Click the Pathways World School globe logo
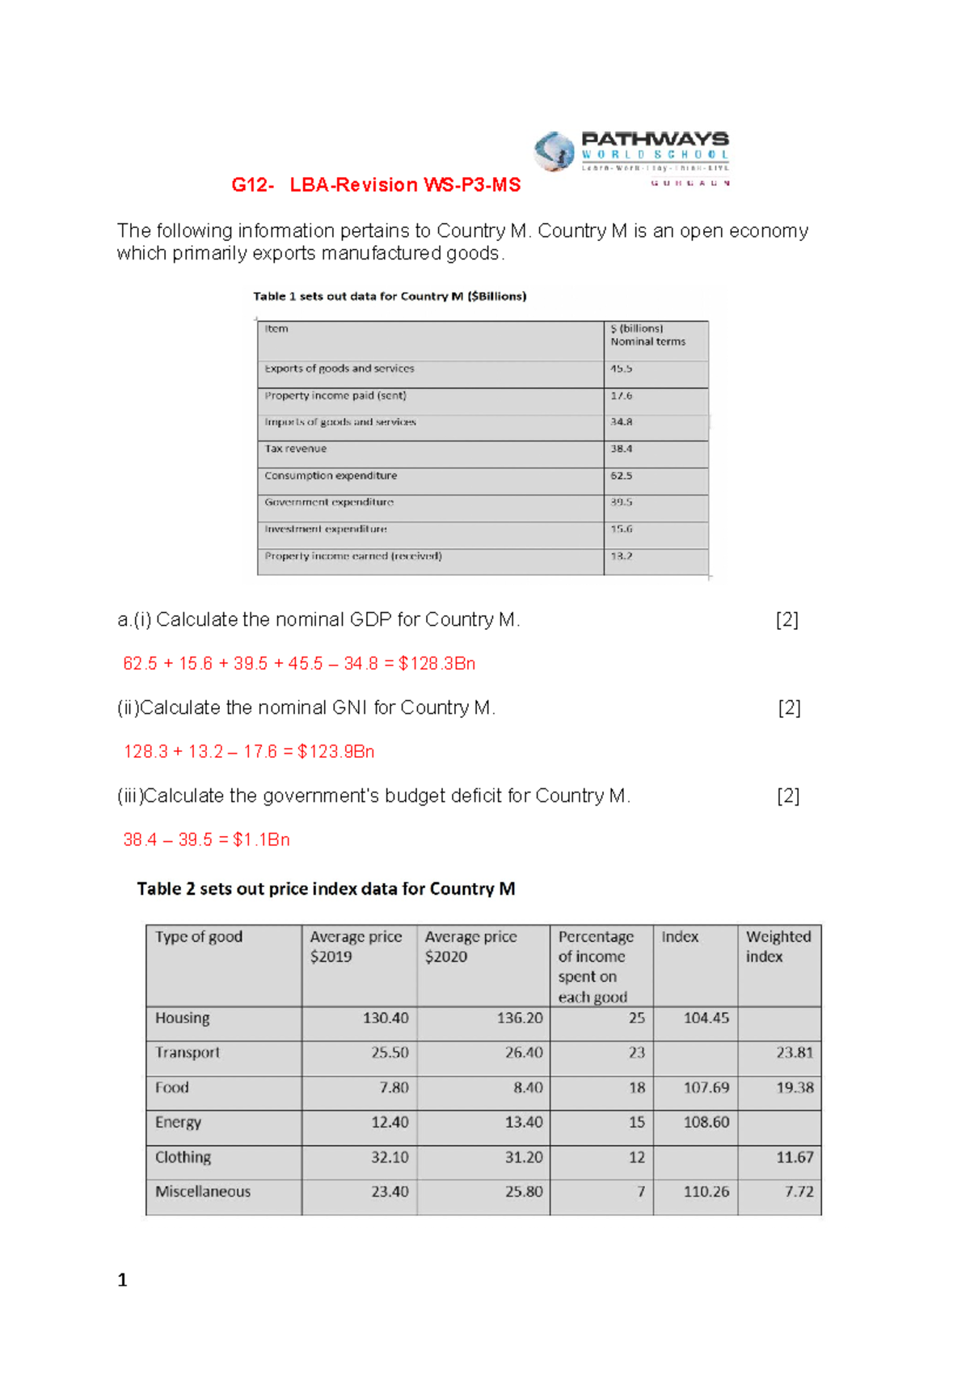[x=554, y=151]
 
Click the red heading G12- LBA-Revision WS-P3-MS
[x=376, y=185]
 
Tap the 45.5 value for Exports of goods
[x=621, y=369]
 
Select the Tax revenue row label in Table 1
[x=296, y=449]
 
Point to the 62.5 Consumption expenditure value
[x=621, y=476]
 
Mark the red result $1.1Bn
[x=261, y=840]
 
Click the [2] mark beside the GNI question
[x=789, y=708]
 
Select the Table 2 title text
[x=326, y=889]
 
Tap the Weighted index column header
[x=778, y=947]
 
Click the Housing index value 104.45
[x=706, y=1018]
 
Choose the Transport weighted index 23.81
[x=794, y=1053]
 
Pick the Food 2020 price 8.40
[x=528, y=1088]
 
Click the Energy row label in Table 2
[x=179, y=1122]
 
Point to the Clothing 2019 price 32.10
[x=390, y=1157]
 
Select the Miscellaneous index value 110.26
[x=706, y=1192]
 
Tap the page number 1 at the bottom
[x=122, y=1280]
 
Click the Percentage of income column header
[x=596, y=966]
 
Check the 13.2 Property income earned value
[x=621, y=556]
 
